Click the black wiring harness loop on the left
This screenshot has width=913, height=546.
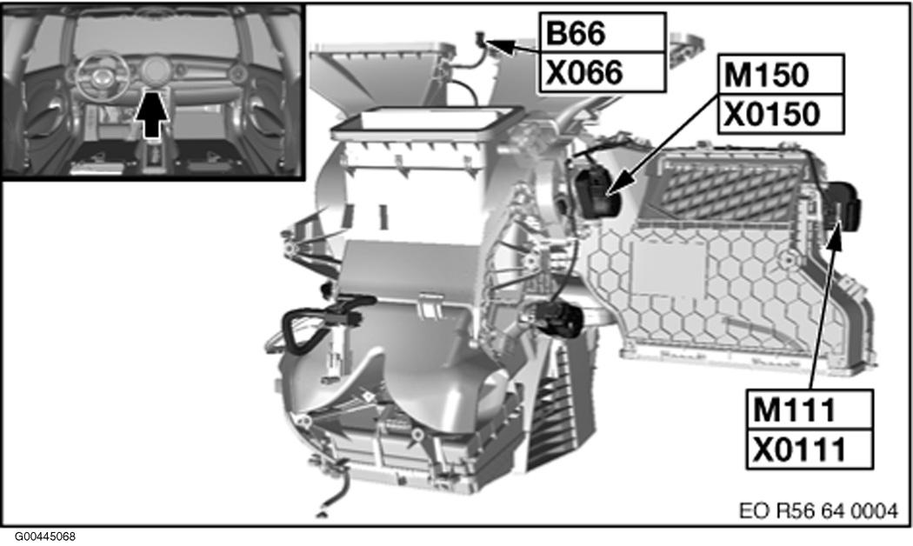click(300, 330)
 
